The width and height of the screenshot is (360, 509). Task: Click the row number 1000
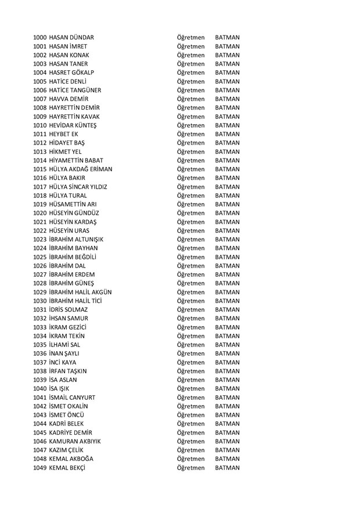pos(40,38)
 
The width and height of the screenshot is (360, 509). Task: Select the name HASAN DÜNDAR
pos(72,38)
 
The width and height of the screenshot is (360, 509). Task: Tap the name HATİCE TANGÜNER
pos(75,91)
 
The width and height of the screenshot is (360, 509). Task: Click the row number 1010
pos(40,125)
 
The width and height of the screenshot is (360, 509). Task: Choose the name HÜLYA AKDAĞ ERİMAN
pos(81,169)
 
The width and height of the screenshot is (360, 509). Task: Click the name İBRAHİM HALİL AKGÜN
pos(81,292)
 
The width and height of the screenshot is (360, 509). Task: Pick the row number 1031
pos(40,309)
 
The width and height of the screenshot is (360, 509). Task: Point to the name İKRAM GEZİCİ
pos(70,327)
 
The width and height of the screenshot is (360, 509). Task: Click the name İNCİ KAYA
pos(67,362)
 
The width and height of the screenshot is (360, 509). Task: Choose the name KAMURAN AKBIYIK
pos(75,441)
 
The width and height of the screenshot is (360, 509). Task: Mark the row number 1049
pos(40,468)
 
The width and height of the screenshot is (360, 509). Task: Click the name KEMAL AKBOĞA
pos(71,459)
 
